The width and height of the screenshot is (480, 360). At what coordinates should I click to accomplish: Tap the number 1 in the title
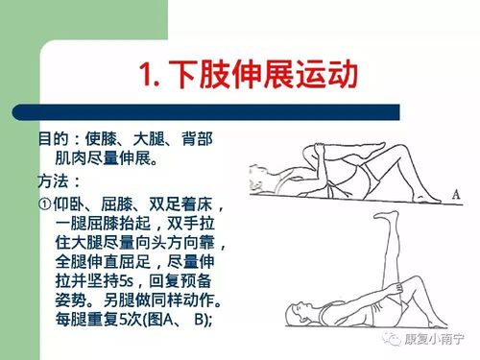(146, 75)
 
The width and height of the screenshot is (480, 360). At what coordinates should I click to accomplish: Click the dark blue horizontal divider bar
(206, 112)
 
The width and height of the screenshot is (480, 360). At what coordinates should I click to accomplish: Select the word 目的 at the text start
(54, 139)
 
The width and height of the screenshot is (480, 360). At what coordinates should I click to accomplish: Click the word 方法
(53, 181)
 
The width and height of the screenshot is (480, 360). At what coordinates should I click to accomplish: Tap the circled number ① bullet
(44, 204)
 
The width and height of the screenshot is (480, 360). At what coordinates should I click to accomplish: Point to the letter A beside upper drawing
(456, 194)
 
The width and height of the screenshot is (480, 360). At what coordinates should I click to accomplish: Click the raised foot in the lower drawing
(387, 216)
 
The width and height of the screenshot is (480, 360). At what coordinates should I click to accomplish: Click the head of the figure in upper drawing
(260, 178)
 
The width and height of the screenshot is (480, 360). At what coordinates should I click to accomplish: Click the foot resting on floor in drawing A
(428, 199)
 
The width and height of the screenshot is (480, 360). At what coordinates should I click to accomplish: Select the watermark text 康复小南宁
(434, 339)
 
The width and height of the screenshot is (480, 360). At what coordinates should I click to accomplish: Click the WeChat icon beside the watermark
(392, 338)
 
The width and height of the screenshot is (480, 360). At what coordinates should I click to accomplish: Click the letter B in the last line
(199, 320)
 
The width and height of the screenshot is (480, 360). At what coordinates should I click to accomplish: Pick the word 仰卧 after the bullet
(69, 204)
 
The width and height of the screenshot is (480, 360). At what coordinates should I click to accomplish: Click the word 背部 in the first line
(197, 139)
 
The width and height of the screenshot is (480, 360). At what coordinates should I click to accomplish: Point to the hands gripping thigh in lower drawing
(399, 288)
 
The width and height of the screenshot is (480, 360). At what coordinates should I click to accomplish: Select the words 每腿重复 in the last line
(86, 319)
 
